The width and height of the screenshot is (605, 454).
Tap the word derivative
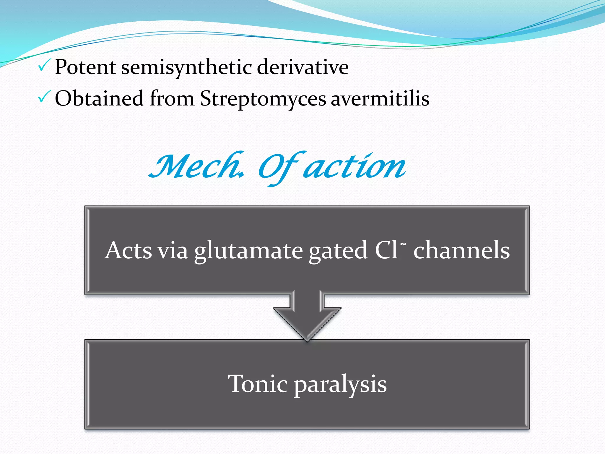(302, 67)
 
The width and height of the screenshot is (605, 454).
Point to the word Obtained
(99, 98)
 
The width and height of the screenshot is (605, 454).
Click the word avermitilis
(380, 99)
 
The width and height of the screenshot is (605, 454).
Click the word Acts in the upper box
(128, 251)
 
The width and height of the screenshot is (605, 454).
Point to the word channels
(461, 251)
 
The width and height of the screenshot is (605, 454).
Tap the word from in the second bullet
(172, 98)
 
